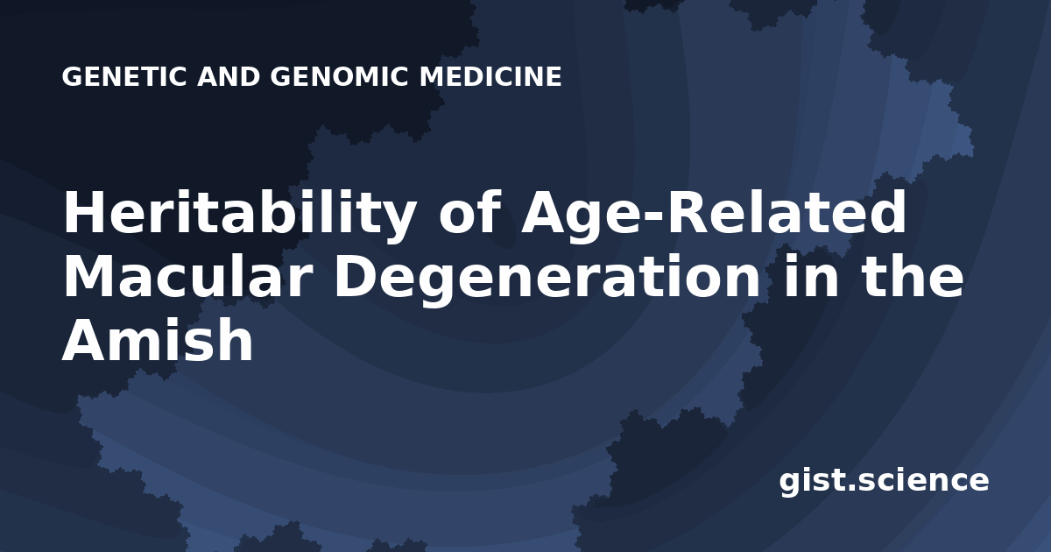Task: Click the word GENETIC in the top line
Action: [124, 76]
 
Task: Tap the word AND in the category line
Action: [229, 76]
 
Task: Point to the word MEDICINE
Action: [490, 76]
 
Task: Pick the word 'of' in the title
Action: [468, 211]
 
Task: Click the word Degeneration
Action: [547, 280]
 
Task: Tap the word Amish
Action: [158, 339]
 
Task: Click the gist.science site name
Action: [884, 481]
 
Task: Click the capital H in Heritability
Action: [84, 212]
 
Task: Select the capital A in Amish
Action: [88, 339]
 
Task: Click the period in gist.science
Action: [850, 488]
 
